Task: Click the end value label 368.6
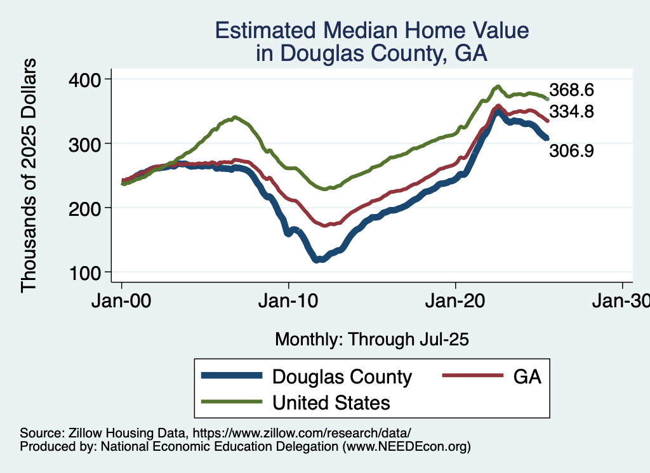(571, 90)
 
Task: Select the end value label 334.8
(571, 112)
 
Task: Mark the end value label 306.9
(571, 151)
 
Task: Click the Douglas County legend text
(342, 376)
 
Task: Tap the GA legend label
(527, 376)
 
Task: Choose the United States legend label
(331, 403)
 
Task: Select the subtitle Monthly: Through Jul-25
(371, 340)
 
